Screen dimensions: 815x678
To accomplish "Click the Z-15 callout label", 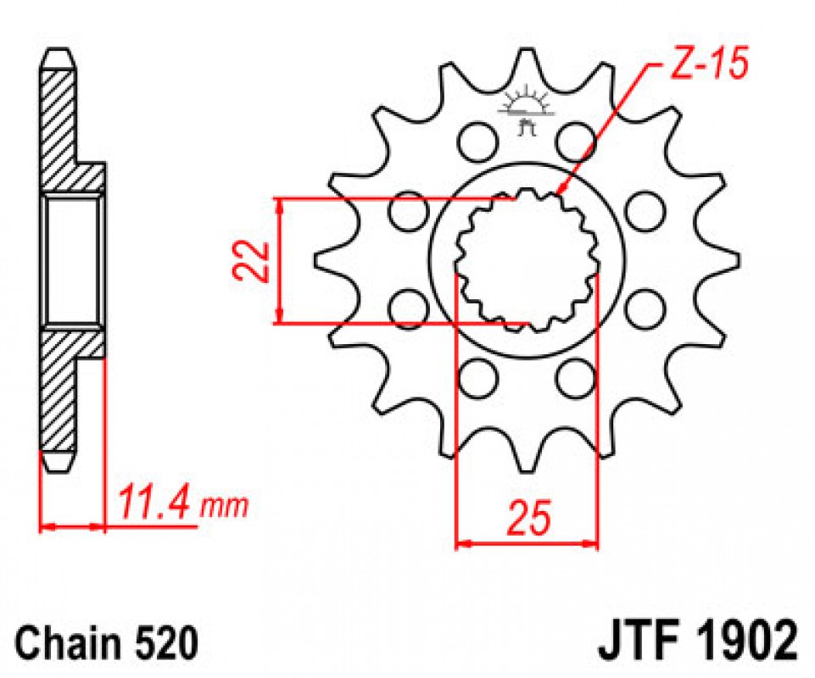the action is coord(708,64).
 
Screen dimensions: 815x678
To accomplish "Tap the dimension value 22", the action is coord(251,261).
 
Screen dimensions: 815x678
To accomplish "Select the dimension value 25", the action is coord(529,518).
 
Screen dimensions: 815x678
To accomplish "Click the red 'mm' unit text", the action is coord(225,507).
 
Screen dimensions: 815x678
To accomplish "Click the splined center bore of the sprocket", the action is coord(527,260).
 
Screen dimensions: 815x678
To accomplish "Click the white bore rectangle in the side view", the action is coord(71,261).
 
